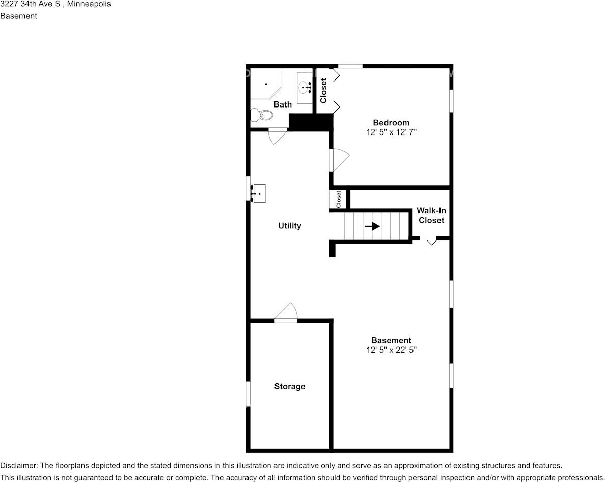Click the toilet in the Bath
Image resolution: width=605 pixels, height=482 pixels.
[260, 115]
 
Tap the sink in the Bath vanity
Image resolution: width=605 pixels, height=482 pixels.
[306, 87]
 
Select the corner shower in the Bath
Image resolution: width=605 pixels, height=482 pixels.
[265, 84]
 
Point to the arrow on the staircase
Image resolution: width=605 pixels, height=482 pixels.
[372, 226]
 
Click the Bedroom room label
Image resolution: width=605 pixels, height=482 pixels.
[391, 123]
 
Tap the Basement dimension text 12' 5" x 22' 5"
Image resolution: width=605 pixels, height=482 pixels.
[391, 350]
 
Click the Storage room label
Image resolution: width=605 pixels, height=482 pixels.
[290, 386]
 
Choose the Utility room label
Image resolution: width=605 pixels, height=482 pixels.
[290, 226]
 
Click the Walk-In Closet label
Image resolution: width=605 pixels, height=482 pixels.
[431, 216]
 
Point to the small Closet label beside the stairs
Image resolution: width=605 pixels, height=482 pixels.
[339, 199]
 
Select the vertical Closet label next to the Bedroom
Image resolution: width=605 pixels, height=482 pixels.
[323, 90]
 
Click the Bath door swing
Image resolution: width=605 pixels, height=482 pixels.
[277, 136]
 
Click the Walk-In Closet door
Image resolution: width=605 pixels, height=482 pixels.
[431, 241]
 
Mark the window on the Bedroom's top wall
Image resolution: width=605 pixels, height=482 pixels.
[350, 66]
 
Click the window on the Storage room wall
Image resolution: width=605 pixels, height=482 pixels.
[249, 393]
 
